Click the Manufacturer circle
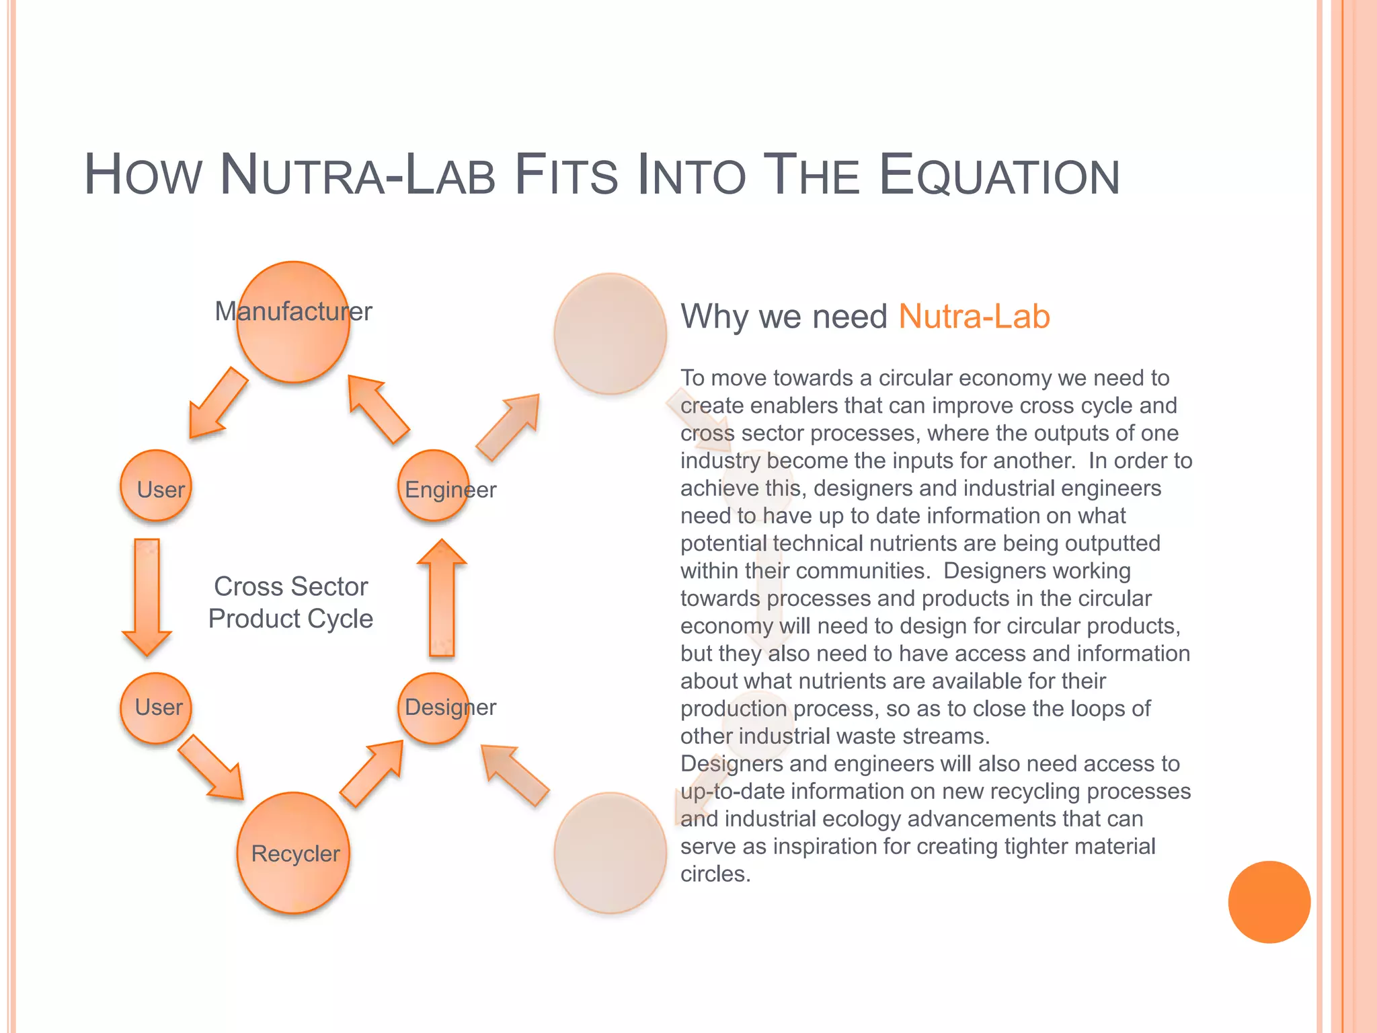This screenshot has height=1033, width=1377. click(x=293, y=322)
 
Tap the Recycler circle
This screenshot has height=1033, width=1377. click(x=293, y=853)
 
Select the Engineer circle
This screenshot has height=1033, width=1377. click(x=434, y=486)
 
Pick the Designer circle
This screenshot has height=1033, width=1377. click(x=434, y=708)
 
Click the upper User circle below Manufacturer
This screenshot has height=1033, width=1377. click(x=156, y=486)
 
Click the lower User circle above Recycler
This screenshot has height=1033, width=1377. click(x=156, y=708)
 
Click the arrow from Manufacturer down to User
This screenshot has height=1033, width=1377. click(x=217, y=404)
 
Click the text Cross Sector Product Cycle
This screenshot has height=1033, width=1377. click(x=290, y=603)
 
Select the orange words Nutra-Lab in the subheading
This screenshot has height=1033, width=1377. click(x=974, y=316)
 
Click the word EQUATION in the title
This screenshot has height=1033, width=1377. click(x=999, y=176)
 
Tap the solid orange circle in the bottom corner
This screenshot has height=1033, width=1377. click(x=1269, y=902)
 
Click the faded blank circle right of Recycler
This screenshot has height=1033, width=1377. click(x=610, y=853)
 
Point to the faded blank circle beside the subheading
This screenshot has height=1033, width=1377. click(x=610, y=334)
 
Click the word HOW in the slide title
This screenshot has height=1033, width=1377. click(x=143, y=176)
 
